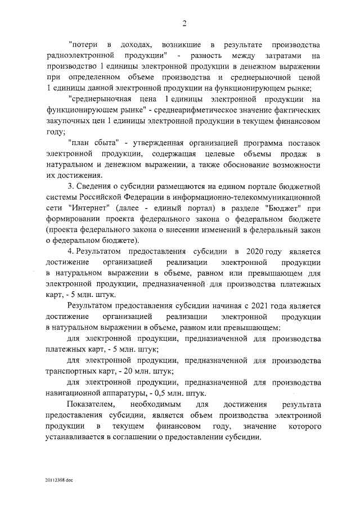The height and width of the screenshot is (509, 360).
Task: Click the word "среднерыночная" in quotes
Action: click(x=98, y=98)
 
